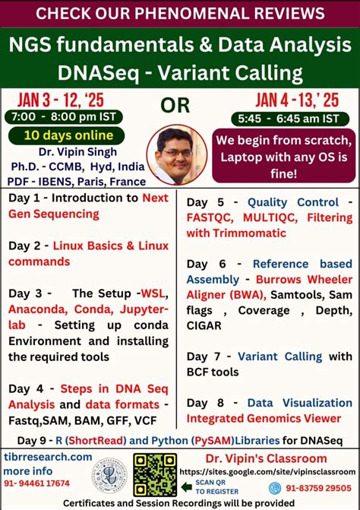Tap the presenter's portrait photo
pos(176,154)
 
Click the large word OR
pos(175,105)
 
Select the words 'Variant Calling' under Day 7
pos(277,356)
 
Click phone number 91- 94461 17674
pos(37,483)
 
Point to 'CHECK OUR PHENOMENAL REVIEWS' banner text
pos(180,13)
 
